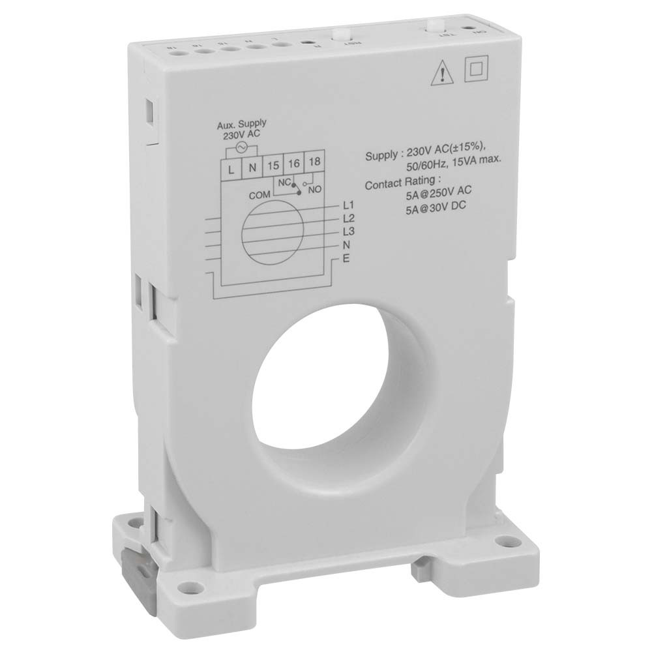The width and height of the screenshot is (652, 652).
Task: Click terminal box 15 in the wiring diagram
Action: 273,166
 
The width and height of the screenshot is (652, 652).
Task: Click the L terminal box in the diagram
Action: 231,167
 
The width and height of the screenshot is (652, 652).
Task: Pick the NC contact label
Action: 284,182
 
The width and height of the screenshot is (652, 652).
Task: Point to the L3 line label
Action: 348,231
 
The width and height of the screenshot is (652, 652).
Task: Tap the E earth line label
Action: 346,259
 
